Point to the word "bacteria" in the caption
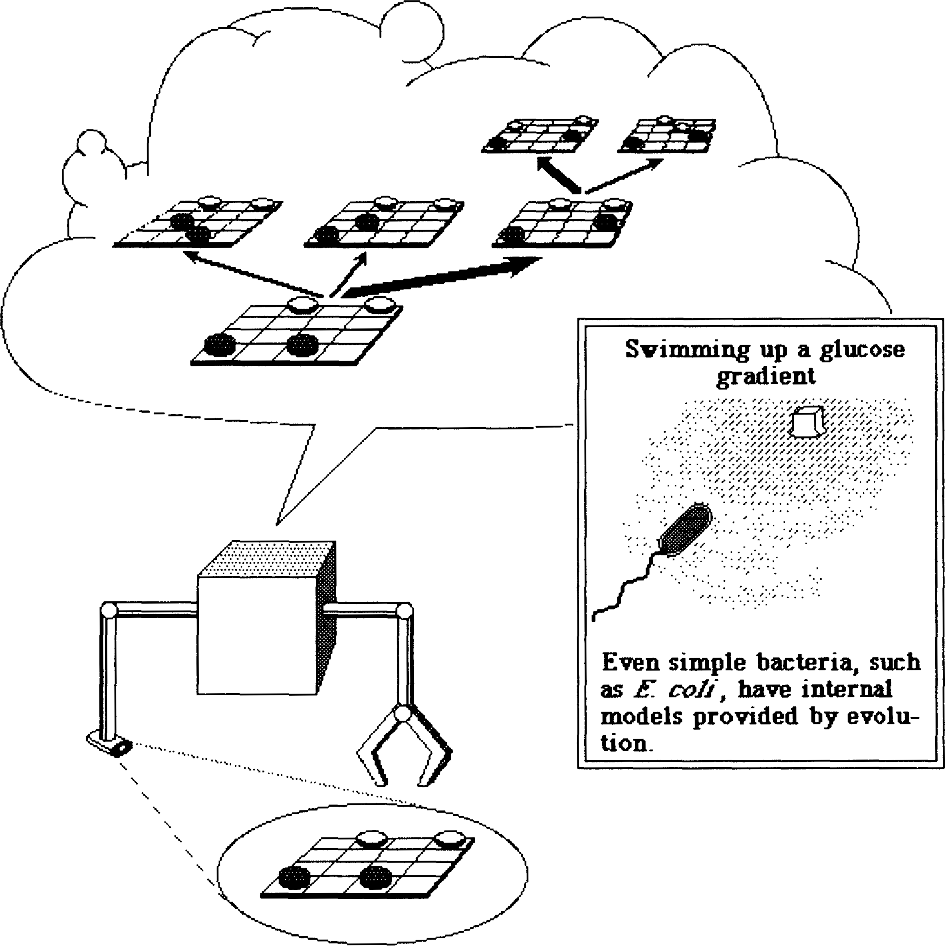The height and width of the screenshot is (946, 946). tap(801, 662)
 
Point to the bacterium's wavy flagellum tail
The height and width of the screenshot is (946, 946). tap(627, 585)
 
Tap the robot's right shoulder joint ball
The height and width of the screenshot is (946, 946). tap(405, 611)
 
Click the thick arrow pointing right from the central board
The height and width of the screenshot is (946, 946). tap(441, 278)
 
